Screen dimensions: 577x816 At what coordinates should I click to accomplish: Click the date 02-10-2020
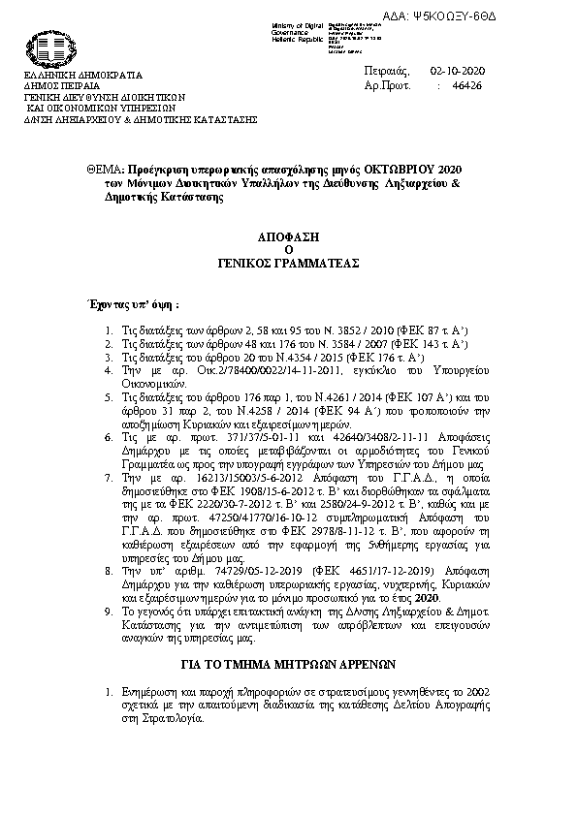[x=457, y=72]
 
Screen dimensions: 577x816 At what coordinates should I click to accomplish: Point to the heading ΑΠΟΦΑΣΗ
[x=288, y=235]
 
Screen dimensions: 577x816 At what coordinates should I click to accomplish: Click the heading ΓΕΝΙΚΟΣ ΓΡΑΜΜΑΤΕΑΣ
[x=288, y=262]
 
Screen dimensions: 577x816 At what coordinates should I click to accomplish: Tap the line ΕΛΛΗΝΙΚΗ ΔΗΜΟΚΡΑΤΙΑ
[x=82, y=75]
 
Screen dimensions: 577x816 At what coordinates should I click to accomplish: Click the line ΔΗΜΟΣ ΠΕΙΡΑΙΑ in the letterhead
[x=61, y=85]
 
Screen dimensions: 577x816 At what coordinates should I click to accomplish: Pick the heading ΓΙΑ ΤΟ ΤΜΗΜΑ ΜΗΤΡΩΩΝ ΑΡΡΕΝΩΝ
[x=288, y=666]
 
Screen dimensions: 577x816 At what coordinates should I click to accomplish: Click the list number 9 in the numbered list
[x=108, y=612]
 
